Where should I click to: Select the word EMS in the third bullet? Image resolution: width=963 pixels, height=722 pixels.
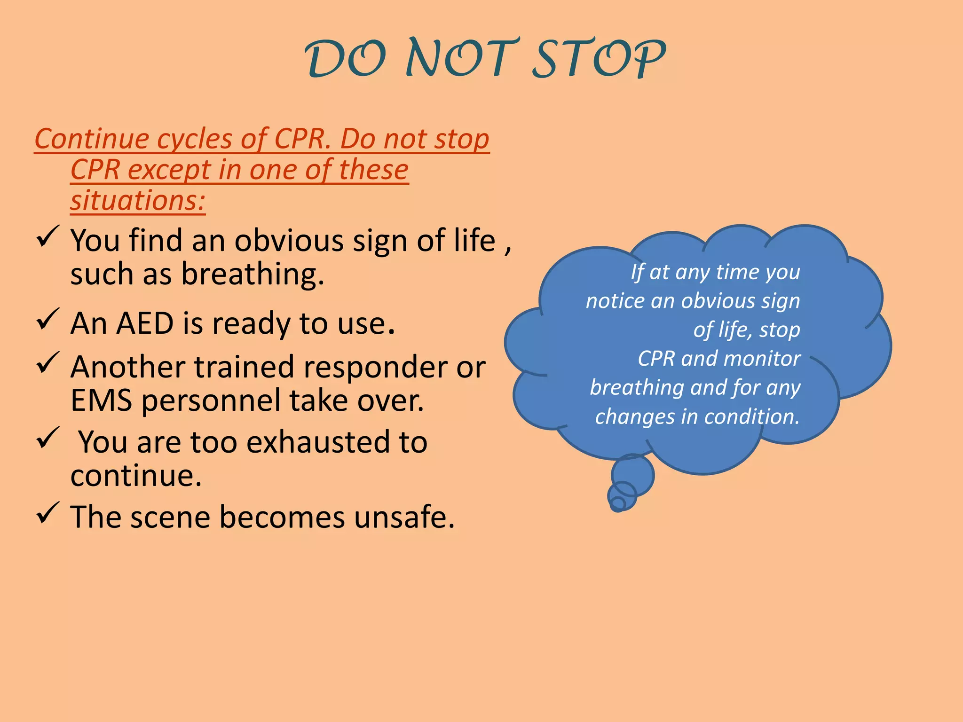pos(101,400)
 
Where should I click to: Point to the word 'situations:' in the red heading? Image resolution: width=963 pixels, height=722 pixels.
pos(138,200)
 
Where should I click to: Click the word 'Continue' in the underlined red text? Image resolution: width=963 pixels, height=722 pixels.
pos(92,139)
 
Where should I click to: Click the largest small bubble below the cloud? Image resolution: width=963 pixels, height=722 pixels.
pos(632,475)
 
